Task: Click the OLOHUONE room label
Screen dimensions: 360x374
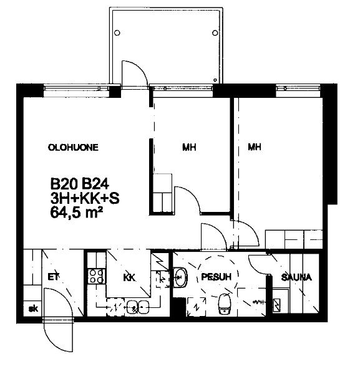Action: pos(73,147)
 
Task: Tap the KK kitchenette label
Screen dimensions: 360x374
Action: pos(129,277)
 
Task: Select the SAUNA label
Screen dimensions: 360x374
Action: pos(296,277)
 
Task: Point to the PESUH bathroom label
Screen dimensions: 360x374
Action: pos(216,277)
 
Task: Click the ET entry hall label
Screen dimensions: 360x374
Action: pos(53,277)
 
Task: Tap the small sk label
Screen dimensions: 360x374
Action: pos(33,309)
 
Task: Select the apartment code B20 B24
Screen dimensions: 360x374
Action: pos(80,184)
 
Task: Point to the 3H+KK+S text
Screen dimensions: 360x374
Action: pos(85,198)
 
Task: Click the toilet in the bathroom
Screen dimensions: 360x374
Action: pos(225,304)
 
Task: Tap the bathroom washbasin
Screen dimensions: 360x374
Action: pos(180,277)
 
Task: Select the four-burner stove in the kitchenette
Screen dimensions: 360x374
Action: pos(95,276)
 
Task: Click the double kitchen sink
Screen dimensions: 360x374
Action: pos(138,307)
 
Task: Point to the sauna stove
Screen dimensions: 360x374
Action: pos(277,305)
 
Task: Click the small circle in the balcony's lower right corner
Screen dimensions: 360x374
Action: pos(215,80)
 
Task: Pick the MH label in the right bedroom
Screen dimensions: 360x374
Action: pos(255,146)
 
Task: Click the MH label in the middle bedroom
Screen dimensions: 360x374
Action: pos(189,147)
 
